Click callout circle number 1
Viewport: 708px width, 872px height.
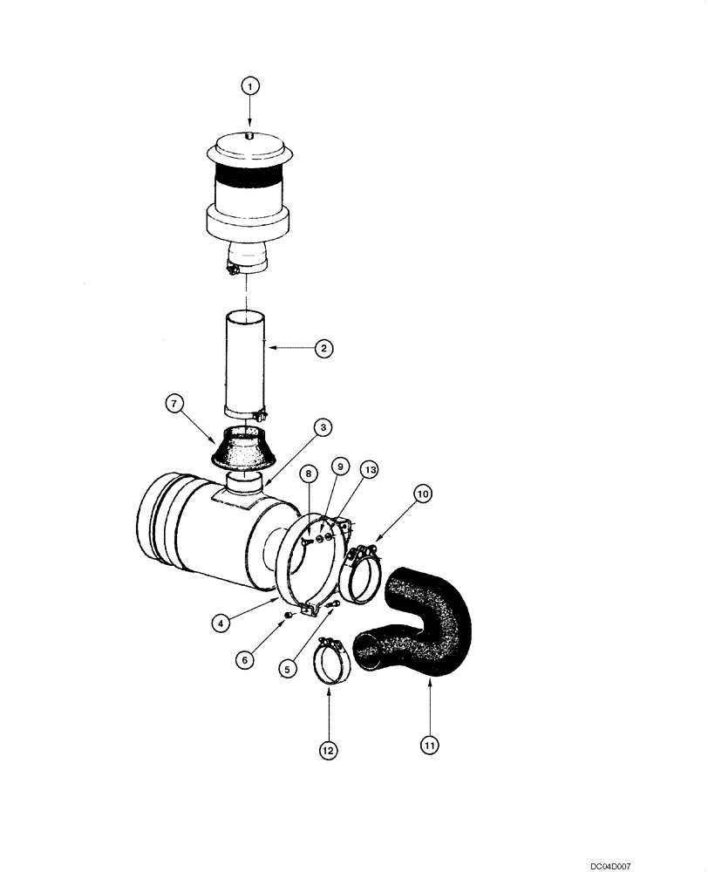[x=250, y=86]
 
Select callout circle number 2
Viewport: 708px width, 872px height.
[x=323, y=348]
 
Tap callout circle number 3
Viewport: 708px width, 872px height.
[x=323, y=427]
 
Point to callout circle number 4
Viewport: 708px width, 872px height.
[x=224, y=623]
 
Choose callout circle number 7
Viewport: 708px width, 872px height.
[x=174, y=404]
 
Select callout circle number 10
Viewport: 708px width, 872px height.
[x=422, y=494]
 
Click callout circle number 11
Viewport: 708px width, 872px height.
[x=430, y=746]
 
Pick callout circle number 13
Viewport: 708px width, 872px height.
[x=370, y=470]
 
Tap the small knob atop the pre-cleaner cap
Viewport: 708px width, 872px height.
[x=249, y=135]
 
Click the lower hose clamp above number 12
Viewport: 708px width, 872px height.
[x=331, y=664]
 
